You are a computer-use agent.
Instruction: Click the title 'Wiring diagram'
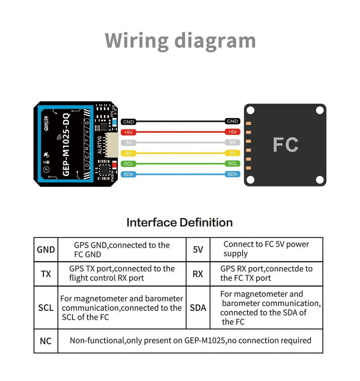pyautogui.click(x=180, y=40)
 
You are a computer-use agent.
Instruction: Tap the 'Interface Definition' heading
pyautogui.click(x=180, y=222)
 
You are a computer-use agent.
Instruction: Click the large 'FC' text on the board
pyautogui.click(x=285, y=145)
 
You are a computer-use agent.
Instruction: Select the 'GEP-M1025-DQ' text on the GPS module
pyautogui.click(x=66, y=145)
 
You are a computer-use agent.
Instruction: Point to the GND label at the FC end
pyautogui.click(x=232, y=122)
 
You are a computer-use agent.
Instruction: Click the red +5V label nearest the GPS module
pyautogui.click(x=129, y=132)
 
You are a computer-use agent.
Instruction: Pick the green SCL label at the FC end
pyautogui.click(x=232, y=163)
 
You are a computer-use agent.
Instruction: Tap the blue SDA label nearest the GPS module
pyautogui.click(x=129, y=174)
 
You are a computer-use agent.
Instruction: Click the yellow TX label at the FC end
pyautogui.click(x=232, y=153)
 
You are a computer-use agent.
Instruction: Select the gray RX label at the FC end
pyautogui.click(x=232, y=142)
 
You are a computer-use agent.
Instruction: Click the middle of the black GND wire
pyautogui.click(x=180, y=122)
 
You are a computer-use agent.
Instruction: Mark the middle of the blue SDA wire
pyautogui.click(x=180, y=174)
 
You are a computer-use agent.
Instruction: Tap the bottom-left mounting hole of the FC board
pyautogui.click(x=250, y=179)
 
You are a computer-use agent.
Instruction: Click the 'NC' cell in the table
pyautogui.click(x=46, y=341)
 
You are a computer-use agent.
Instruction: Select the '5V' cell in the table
pyautogui.click(x=198, y=249)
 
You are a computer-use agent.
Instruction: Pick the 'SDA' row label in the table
pyautogui.click(x=198, y=308)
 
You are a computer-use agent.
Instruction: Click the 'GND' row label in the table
pyautogui.click(x=46, y=249)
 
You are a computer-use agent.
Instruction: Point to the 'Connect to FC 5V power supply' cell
pyautogui.click(x=266, y=249)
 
